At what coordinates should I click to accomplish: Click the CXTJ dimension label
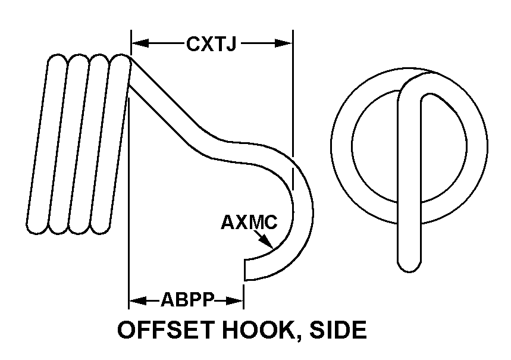tap(212, 43)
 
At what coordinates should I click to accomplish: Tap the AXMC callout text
tap(249, 223)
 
